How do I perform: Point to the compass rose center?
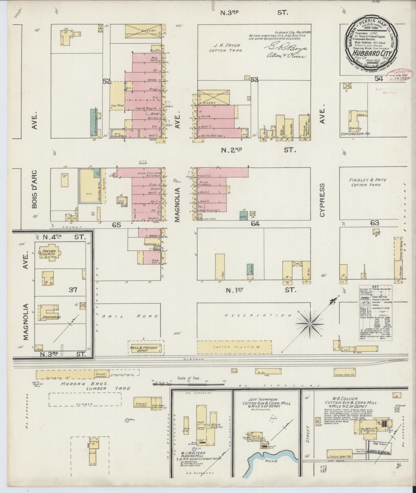[x=310, y=324]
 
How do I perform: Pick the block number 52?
[x=106, y=81]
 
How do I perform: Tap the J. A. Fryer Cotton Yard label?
[x=225, y=48]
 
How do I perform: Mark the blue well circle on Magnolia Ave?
[x=175, y=181]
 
